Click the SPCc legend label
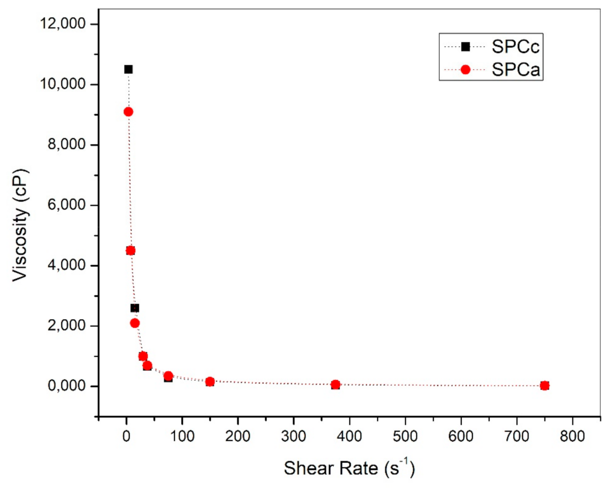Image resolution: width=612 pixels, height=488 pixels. coord(515,47)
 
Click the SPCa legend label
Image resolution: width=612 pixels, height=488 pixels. coord(515,70)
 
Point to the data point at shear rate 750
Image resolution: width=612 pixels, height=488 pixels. coord(544,386)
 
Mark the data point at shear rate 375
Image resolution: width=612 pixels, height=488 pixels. coord(336,385)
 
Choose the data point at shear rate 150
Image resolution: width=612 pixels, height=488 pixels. coord(210,382)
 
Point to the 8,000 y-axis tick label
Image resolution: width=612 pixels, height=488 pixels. coord(66,144)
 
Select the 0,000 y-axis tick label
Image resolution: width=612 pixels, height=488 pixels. coord(66,386)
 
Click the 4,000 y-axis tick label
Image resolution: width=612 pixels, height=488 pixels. coord(66,265)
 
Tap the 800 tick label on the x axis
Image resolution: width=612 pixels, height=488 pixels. coord(572,436)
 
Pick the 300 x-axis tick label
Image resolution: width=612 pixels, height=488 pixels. coord(293,436)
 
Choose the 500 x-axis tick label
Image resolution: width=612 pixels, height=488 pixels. coord(405,436)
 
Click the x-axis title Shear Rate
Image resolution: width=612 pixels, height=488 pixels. coord(349,468)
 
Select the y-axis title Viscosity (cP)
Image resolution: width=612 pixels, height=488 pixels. coord(20,225)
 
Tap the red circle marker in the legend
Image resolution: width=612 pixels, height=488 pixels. coord(465,70)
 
